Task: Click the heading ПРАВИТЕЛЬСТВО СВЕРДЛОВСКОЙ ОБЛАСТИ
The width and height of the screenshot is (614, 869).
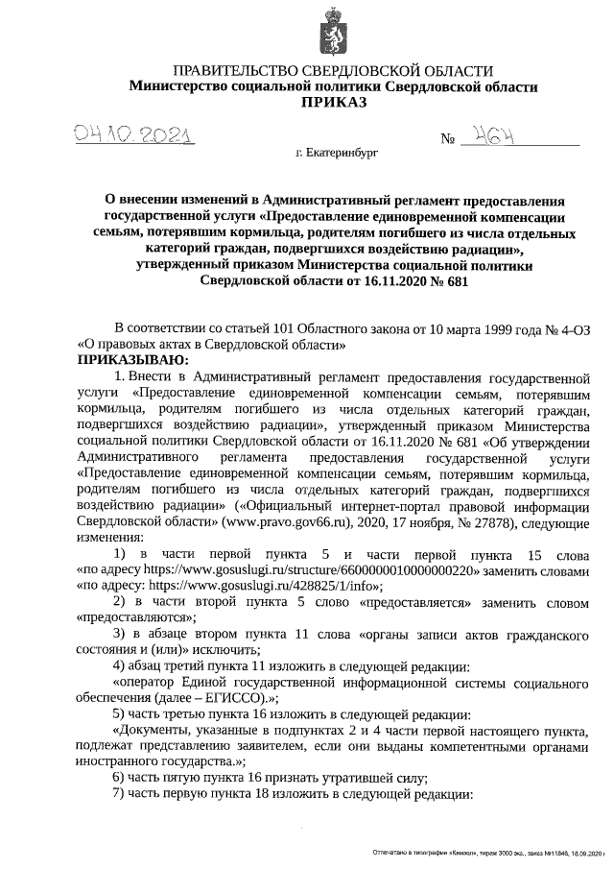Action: (333, 71)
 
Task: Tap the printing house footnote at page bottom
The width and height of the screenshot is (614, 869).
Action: (489, 853)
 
